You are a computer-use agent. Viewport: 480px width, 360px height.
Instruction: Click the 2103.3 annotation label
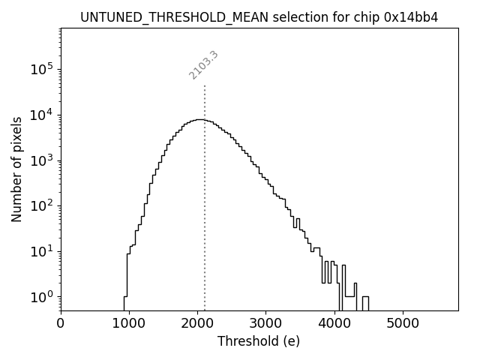pos(203,65)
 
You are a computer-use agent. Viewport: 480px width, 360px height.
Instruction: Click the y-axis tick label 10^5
pos(41,70)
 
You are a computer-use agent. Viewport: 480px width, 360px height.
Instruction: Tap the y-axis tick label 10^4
pos(41,115)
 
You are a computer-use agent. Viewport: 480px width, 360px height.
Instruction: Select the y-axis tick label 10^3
pos(41,160)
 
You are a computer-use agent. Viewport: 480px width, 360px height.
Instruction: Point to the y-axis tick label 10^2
pos(41,206)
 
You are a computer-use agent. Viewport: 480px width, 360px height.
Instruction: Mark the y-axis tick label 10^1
pos(41,251)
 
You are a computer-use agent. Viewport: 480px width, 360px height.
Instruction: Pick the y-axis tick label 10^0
pos(41,297)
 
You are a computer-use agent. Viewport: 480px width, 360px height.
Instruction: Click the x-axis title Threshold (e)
pos(259,341)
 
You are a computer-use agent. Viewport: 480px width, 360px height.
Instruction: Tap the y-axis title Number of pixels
pos(16,169)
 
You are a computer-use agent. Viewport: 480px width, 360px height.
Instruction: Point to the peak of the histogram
pos(199,119)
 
